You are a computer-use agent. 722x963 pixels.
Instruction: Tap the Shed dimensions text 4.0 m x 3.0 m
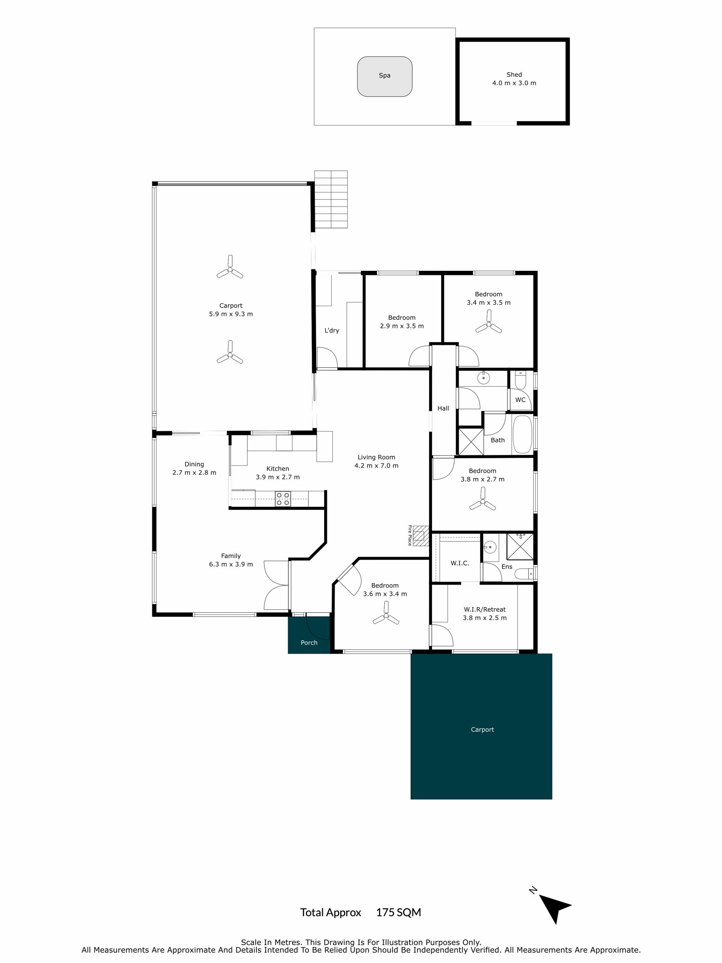click(514, 83)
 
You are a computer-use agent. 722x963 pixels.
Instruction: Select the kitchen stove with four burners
click(283, 499)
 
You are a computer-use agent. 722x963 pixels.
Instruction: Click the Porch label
click(309, 643)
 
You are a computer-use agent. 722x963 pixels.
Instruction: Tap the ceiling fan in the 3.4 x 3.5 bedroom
click(489, 322)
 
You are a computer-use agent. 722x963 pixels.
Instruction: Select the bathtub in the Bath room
click(523, 435)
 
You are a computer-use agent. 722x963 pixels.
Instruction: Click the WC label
click(520, 399)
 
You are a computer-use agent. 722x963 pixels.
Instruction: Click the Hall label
click(443, 409)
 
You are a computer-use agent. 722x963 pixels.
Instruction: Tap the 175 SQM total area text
click(399, 913)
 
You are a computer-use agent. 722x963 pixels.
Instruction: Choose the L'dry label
click(332, 330)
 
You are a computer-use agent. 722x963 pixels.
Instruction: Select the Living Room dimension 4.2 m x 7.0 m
click(376, 466)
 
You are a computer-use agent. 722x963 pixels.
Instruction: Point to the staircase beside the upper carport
click(331, 199)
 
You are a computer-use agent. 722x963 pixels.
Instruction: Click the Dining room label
click(194, 464)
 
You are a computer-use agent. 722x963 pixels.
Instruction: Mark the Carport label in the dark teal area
click(482, 730)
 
